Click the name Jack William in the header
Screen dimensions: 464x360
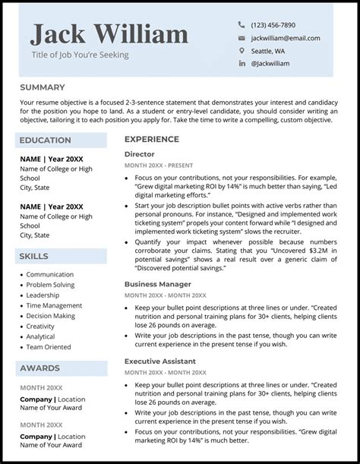click(x=109, y=34)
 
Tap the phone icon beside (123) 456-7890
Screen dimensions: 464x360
click(x=242, y=25)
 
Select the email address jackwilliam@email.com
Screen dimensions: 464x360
click(x=285, y=38)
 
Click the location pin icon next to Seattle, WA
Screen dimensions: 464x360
click(x=242, y=51)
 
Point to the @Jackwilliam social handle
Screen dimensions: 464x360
click(x=270, y=64)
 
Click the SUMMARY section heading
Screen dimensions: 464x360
click(x=43, y=87)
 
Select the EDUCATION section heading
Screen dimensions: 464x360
click(x=46, y=140)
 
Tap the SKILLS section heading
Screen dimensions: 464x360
click(x=35, y=257)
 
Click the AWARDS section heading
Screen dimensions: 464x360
click(x=39, y=368)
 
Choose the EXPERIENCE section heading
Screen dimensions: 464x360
click(x=152, y=140)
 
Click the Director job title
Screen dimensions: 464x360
click(x=139, y=154)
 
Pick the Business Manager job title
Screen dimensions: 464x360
click(x=157, y=284)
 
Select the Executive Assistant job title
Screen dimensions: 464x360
click(x=160, y=361)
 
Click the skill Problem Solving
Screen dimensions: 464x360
click(x=50, y=285)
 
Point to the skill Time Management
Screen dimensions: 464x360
click(x=53, y=305)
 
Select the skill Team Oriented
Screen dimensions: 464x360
click(x=48, y=346)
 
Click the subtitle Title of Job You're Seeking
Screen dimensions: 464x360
click(x=80, y=55)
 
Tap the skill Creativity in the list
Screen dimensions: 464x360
click(x=40, y=326)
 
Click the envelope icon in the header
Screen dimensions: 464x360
click(x=242, y=38)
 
